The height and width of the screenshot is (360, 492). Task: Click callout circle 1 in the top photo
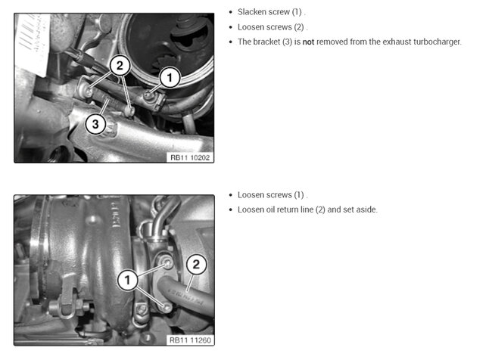point(170,77)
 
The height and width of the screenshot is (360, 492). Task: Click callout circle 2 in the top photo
point(120,66)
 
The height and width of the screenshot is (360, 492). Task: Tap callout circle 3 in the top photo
point(95,124)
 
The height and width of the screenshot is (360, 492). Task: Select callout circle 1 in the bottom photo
point(127,280)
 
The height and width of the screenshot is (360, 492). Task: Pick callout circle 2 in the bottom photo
point(196,265)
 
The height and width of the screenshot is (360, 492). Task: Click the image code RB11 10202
point(190,157)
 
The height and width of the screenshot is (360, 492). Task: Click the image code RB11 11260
point(190,340)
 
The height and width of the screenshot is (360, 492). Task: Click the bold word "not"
point(308,42)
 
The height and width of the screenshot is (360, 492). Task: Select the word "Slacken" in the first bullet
point(250,12)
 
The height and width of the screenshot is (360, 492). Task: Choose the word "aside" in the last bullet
point(366,209)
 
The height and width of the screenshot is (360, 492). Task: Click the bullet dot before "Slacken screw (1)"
point(231,12)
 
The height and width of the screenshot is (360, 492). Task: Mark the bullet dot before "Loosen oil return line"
point(231,209)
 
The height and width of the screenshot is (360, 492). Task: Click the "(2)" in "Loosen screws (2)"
point(299,27)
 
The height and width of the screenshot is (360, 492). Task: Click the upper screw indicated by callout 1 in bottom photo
point(168,262)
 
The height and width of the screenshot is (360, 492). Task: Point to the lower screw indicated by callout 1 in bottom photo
point(167,307)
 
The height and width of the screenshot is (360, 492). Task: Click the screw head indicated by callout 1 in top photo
point(148,94)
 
